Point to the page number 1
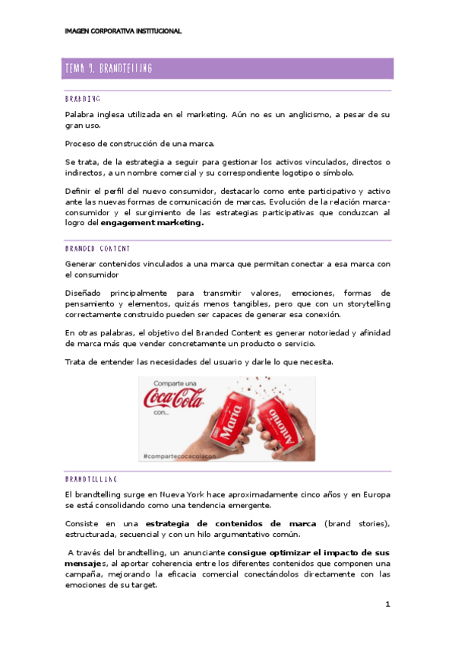[x=387, y=605]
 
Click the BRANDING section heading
[x=83, y=99]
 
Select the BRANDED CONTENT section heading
[x=97, y=249]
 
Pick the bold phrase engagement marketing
[x=156, y=224]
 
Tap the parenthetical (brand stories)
[x=357, y=524]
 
